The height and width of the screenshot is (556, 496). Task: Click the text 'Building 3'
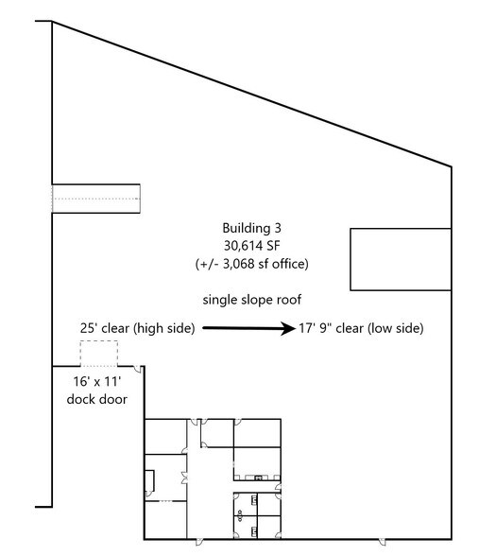[x=251, y=228]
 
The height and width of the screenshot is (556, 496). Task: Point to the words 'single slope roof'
[x=251, y=300]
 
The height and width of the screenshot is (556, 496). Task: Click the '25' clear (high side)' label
[x=137, y=328]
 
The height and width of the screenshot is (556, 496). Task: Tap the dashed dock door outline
[x=97, y=354]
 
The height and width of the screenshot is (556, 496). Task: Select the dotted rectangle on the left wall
[x=95, y=199]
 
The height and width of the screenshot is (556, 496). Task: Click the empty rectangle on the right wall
[x=401, y=258]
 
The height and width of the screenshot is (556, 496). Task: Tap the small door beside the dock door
[x=140, y=370]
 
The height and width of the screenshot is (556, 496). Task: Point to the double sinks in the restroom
[x=241, y=516]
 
